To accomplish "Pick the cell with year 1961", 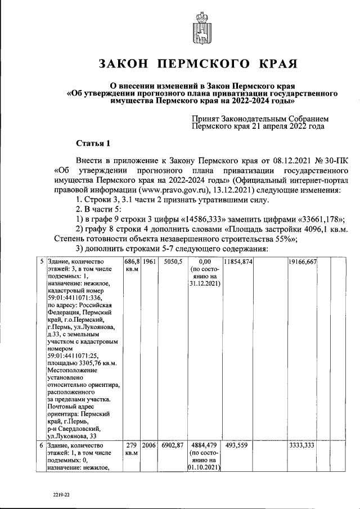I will (x=149, y=262).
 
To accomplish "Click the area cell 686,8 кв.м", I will (x=132, y=266).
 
